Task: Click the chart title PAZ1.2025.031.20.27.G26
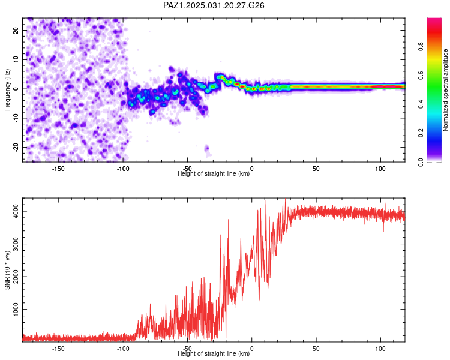click(x=214, y=5)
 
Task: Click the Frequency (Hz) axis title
click(x=7, y=90)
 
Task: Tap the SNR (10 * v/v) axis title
click(x=7, y=270)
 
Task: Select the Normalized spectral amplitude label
click(x=445, y=90)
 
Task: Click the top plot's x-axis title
click(x=214, y=173)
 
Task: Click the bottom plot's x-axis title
click(x=214, y=353)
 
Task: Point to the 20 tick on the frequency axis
click(x=16, y=30)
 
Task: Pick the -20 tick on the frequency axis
click(x=16, y=148)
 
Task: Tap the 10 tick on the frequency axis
click(x=16, y=59)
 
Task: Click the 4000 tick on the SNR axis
click(x=16, y=211)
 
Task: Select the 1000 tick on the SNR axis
click(x=16, y=309)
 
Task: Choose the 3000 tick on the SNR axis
click(x=16, y=244)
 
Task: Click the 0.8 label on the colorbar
click(x=421, y=46)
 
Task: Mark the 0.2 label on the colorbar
click(x=421, y=133)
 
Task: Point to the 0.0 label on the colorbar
click(x=421, y=162)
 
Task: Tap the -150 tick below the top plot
click(x=58, y=169)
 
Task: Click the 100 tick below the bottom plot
click(x=380, y=349)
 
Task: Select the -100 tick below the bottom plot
click(x=123, y=349)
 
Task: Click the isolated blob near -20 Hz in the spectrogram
click(x=206, y=149)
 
